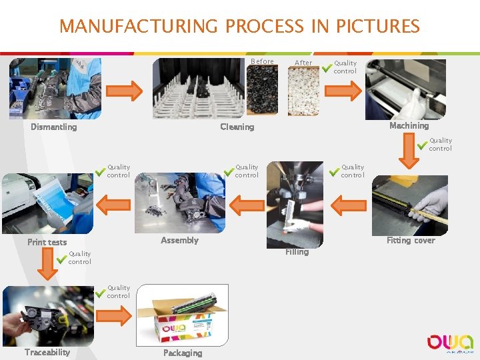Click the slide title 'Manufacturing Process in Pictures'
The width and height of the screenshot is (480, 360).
239,27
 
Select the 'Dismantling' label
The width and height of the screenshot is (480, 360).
53,127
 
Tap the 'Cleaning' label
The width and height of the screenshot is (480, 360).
237,127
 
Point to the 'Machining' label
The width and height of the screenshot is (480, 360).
409,125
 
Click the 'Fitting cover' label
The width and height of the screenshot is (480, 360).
411,241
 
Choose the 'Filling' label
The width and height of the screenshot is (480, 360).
297,252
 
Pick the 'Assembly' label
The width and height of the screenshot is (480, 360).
179,240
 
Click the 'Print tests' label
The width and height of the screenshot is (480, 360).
47,242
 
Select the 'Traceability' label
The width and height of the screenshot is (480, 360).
47,352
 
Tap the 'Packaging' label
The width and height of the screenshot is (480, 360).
182,353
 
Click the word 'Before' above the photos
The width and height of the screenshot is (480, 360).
262,61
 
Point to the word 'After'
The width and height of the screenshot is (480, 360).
303,63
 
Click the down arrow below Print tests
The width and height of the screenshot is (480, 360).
46,264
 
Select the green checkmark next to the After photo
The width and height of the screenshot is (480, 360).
327,67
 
